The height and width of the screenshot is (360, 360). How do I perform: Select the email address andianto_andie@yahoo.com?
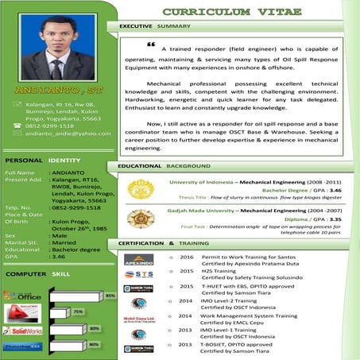[x=68, y=134]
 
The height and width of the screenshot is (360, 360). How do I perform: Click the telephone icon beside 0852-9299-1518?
[x=18, y=126]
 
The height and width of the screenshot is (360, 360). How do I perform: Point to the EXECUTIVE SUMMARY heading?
[x=155, y=26]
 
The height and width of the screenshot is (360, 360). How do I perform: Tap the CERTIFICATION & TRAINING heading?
[x=164, y=242]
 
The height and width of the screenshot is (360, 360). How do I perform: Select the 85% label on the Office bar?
[x=110, y=296]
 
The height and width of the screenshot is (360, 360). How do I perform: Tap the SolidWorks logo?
[x=21, y=329]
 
